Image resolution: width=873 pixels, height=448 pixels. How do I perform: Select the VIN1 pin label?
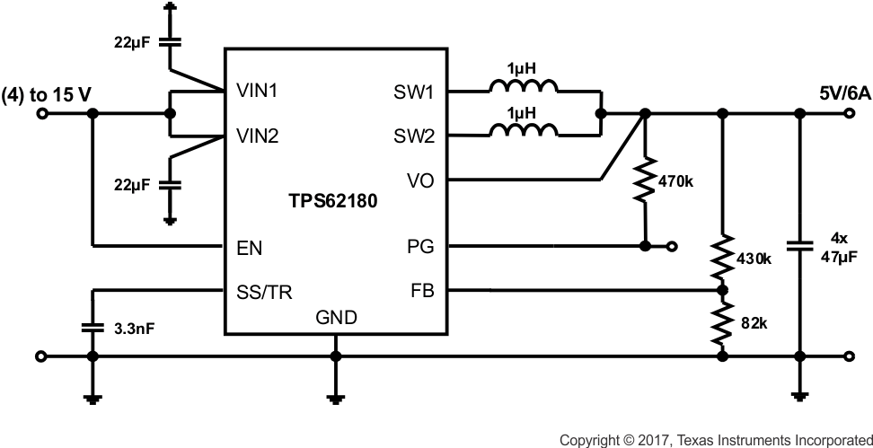tap(258, 91)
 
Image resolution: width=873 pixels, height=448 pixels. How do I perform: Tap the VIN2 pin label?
tap(258, 137)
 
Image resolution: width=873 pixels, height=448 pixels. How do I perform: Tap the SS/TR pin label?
tap(262, 291)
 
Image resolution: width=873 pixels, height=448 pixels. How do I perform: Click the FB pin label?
tap(420, 291)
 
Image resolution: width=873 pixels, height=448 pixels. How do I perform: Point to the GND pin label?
tap(336, 318)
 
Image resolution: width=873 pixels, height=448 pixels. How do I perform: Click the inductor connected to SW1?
tap(524, 87)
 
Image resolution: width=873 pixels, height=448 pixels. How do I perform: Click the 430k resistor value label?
tap(754, 259)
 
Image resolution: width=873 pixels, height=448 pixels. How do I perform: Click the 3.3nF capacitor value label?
tap(134, 329)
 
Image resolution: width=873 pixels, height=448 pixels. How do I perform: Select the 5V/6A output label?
tap(843, 92)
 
